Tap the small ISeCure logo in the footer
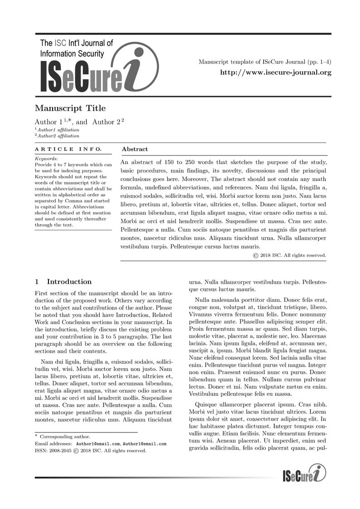coord(304,474)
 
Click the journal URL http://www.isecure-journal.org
coord(276,72)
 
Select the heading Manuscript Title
coord(70,108)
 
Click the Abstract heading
coord(135,149)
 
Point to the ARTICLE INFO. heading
coord(68,149)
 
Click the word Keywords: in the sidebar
coord(46,159)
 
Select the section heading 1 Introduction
coord(63,281)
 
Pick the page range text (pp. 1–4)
coord(319,62)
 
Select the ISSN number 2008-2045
coord(59,451)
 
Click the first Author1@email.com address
coord(98,443)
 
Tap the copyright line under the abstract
coord(289,255)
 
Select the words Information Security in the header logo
coord(72,53)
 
